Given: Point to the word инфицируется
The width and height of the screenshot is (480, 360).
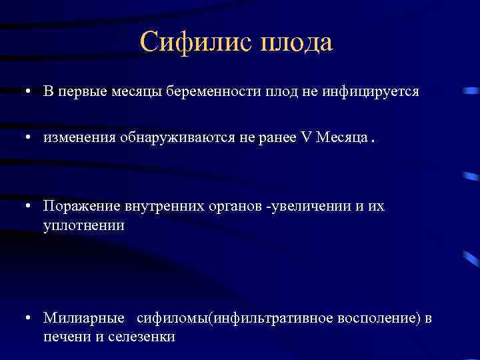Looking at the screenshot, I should (379, 91).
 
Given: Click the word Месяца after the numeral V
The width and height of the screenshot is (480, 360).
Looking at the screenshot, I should (341, 137).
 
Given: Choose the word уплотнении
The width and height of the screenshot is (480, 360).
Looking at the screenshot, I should (84, 225).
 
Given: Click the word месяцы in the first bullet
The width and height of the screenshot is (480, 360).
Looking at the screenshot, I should (145, 91).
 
